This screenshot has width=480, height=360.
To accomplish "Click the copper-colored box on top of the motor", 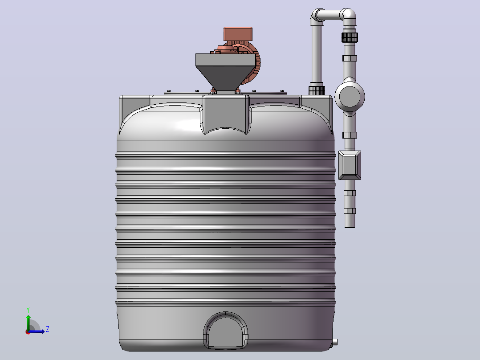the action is pyautogui.click(x=238, y=34).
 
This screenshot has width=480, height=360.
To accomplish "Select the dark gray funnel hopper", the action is pyautogui.click(x=225, y=72).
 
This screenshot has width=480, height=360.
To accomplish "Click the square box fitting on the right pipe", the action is pyautogui.click(x=350, y=165).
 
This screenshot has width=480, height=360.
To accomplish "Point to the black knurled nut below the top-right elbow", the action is pyautogui.click(x=350, y=37).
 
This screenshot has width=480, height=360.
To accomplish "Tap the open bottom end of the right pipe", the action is pyautogui.click(x=350, y=226).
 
